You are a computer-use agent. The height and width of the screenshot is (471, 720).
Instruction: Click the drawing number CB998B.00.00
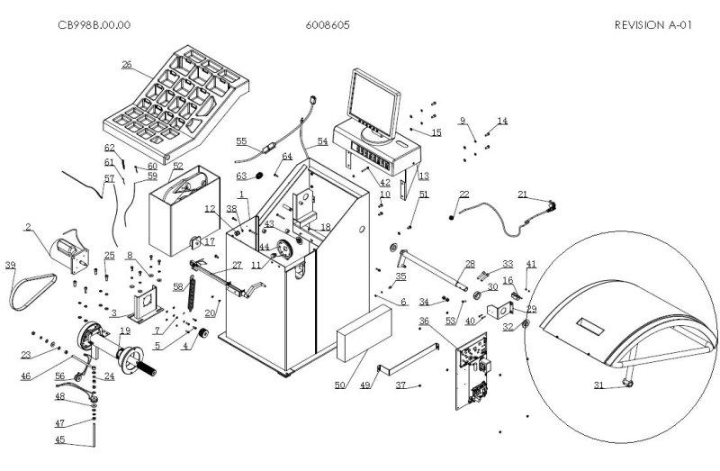94,25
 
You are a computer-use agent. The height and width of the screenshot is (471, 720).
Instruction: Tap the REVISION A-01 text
653,25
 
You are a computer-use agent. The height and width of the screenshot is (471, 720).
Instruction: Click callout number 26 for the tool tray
126,65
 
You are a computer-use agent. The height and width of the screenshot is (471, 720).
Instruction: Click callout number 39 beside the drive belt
11,265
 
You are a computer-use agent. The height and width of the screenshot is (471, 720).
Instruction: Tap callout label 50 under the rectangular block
339,385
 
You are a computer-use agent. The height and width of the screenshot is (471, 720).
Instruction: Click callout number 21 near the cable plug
523,194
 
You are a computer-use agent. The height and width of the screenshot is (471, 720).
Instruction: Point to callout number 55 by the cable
241,141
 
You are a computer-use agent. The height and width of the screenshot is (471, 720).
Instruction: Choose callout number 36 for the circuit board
424,322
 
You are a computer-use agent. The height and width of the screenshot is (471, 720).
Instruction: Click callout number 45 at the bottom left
60,439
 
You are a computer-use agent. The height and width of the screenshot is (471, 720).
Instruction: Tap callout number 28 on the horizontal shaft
469,264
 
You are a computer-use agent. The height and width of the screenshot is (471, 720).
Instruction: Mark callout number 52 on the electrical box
177,166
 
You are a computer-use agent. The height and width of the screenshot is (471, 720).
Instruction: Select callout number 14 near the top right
502,121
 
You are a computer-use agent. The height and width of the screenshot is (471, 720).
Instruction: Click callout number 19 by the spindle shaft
125,331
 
